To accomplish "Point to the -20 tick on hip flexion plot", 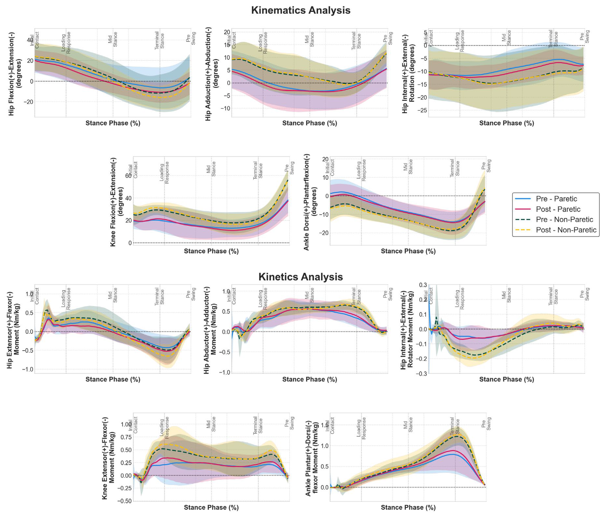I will [30, 102].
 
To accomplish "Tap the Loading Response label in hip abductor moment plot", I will [263, 298].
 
